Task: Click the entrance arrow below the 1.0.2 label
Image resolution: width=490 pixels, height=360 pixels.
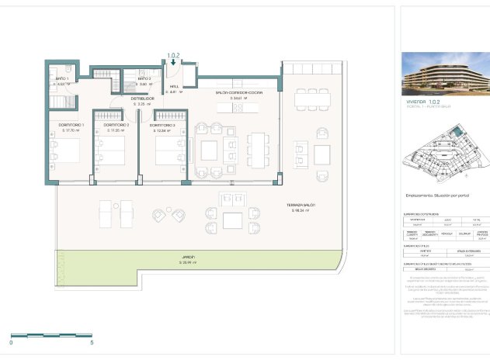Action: (x=173, y=64)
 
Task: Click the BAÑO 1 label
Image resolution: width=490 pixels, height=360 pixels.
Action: (x=62, y=79)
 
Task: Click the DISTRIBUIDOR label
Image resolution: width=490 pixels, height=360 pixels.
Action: (x=142, y=99)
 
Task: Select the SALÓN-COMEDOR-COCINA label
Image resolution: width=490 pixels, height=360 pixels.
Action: (x=238, y=92)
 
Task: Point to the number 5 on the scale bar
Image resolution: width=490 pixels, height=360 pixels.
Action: (x=92, y=342)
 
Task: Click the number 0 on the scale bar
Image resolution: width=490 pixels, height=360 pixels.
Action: (x=11, y=342)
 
